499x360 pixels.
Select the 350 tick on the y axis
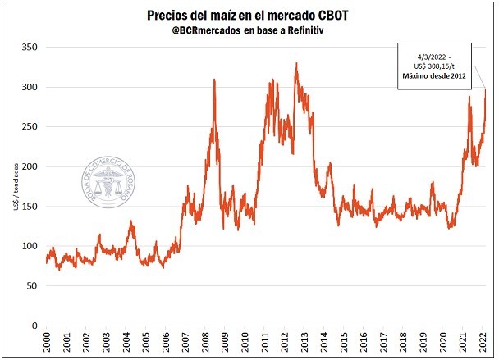click(30, 48)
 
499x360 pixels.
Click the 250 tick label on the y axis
click(30, 127)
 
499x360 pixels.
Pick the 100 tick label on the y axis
click(30, 246)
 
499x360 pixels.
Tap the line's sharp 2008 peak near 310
click(214, 80)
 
